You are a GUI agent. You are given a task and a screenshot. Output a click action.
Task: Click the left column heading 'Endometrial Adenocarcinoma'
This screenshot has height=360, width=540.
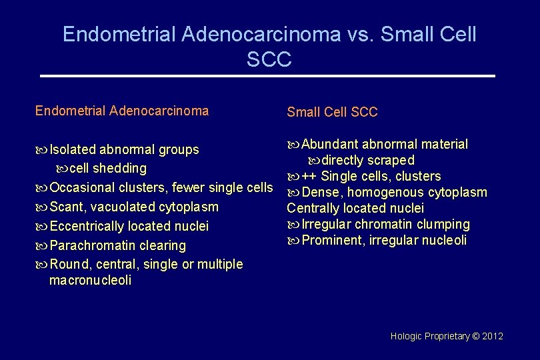[122, 111]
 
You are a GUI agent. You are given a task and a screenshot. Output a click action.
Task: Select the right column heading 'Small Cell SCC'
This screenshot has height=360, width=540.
[332, 112]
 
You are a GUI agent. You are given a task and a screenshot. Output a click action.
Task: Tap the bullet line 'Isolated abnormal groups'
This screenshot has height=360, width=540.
[124, 149]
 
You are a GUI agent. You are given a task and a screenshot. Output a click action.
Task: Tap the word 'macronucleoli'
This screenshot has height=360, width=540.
[90, 281]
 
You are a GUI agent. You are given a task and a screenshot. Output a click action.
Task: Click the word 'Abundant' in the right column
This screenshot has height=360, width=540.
[331, 145]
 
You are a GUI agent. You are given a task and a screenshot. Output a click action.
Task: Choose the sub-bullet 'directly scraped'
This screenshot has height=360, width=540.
[369, 161]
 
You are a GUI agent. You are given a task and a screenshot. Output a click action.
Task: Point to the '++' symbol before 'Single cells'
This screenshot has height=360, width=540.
[309, 177]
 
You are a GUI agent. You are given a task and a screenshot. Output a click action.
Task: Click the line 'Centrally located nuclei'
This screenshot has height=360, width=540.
[355, 209]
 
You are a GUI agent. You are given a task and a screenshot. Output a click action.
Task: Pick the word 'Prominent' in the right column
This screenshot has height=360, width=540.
[332, 241]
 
